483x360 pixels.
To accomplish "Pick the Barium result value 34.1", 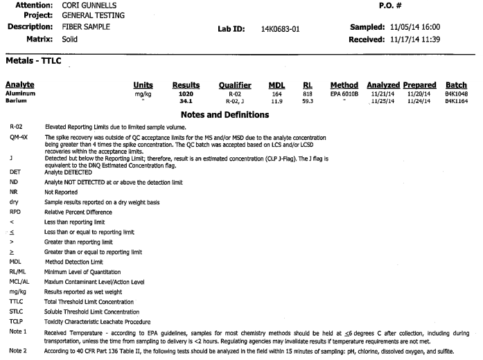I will coord(185,100).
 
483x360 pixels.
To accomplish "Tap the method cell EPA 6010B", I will coord(344,93).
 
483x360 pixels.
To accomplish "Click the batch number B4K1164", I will coord(456,100).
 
